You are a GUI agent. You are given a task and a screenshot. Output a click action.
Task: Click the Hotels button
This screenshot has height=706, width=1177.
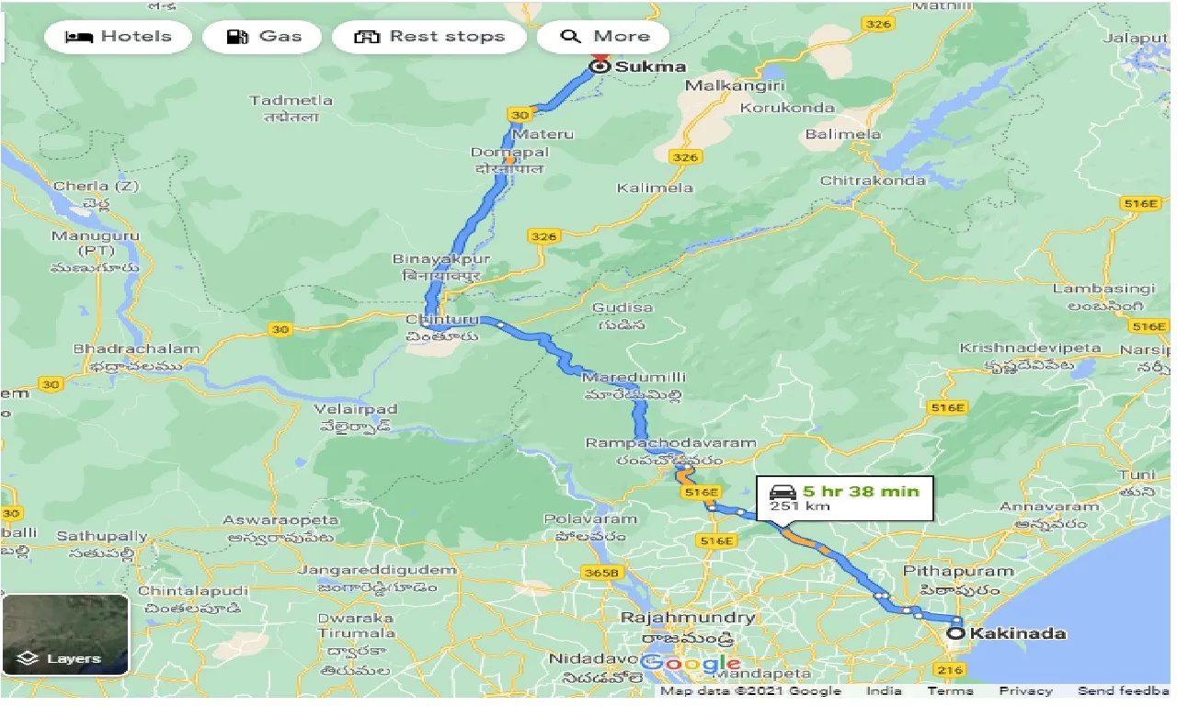coord(118,37)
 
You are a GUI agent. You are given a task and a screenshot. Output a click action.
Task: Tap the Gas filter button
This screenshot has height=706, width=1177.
coord(263,37)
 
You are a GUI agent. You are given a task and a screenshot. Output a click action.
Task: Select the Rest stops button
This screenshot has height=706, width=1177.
coord(429,37)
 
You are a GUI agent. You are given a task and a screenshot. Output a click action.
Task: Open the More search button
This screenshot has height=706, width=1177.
coord(603,37)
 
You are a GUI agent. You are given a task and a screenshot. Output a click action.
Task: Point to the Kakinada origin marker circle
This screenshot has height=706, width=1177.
coord(956,633)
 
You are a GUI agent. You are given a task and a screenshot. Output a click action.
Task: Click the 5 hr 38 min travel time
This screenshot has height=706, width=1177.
coord(860,491)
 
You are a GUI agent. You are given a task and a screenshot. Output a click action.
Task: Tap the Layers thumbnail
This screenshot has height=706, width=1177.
coord(65,634)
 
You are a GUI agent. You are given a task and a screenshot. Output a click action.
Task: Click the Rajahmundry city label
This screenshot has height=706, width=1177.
coord(688,618)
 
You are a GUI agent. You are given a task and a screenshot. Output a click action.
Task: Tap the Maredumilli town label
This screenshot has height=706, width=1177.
coord(634,377)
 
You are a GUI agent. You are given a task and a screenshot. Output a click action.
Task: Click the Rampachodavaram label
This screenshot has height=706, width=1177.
coord(670,443)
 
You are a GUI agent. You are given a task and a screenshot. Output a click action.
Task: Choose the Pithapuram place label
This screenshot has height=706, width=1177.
coord(958,571)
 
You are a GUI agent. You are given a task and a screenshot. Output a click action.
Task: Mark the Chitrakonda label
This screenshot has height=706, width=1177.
coord(873,180)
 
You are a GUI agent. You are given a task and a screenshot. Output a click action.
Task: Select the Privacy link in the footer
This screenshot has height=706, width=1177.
coord(1025,691)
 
